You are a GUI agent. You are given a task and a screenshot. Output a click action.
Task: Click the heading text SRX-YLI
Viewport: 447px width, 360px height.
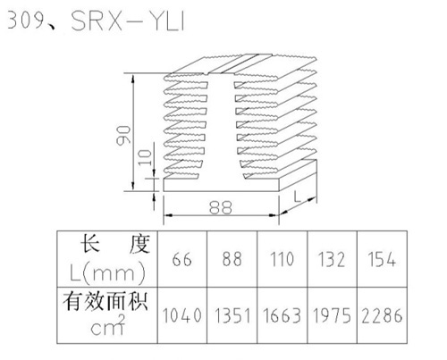pos(128,21)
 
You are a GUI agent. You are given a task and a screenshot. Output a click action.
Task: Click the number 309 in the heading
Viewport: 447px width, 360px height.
pos(26,21)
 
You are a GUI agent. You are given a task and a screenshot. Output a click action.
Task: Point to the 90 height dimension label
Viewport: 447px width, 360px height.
pos(123,136)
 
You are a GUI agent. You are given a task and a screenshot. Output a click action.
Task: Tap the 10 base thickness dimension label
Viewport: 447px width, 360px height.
pos(146,157)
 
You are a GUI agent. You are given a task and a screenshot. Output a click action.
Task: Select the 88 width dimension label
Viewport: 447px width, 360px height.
pos(221,207)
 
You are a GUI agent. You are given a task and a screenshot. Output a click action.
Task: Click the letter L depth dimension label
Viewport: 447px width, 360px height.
pos(297,197)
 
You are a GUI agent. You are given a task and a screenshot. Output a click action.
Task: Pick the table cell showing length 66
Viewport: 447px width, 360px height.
pos(181,259)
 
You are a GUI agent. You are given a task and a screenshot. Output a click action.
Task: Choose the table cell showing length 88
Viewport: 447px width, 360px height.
pos(232,259)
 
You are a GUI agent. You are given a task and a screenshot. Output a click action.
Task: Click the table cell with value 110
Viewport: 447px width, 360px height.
pos(282,259)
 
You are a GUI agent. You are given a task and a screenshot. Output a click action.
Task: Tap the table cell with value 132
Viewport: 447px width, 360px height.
pos(332,259)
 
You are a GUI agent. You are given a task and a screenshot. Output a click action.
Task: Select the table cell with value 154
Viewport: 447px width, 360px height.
pos(382,259)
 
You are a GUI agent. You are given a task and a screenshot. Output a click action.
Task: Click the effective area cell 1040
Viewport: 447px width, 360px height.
pos(181,315)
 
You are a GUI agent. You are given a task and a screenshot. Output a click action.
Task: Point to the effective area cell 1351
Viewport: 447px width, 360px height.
pos(232,315)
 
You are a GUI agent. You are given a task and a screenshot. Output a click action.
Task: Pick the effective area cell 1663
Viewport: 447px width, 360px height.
pos(282,315)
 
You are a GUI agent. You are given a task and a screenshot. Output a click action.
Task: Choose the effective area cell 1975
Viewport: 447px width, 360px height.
pos(332,315)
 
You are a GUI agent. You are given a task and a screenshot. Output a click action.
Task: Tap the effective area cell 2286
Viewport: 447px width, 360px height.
pos(382,315)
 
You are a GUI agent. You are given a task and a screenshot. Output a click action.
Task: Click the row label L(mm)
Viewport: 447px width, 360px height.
pos(107,272)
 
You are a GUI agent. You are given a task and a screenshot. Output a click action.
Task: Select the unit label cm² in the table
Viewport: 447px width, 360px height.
pos(107,325)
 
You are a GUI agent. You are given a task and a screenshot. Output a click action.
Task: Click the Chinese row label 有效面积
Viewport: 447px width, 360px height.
pos(105,302)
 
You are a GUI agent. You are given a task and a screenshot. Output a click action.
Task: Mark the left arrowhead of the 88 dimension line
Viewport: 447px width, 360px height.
pos(168,215)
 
